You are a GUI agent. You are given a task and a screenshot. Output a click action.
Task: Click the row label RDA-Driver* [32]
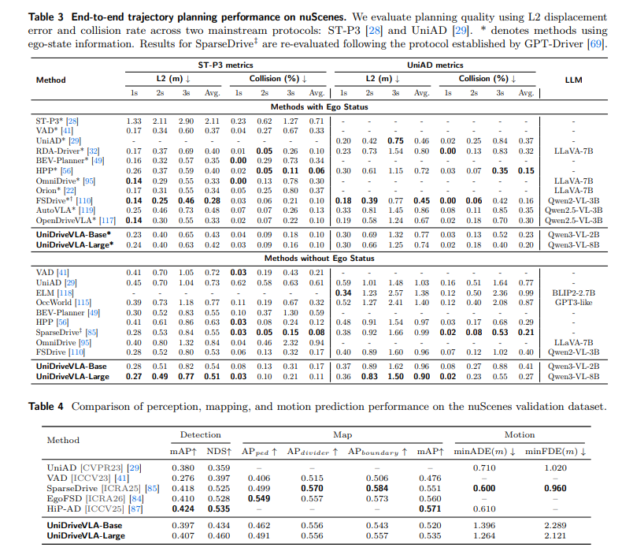pyautogui.click(x=67, y=151)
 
